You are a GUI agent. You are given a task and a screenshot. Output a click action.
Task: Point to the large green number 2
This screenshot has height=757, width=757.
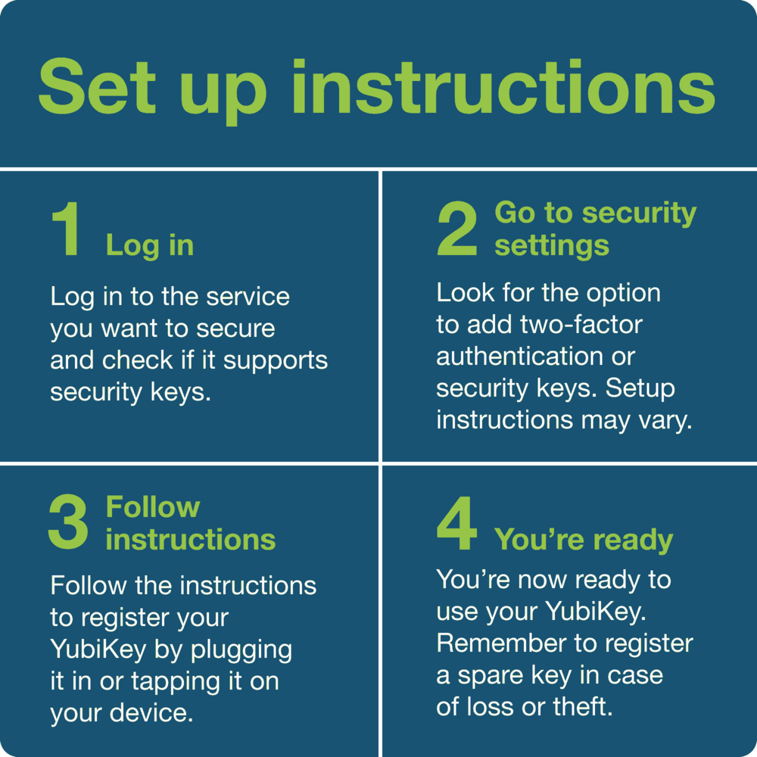[457, 230]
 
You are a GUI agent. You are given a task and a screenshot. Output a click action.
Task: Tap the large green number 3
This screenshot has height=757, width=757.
[68, 523]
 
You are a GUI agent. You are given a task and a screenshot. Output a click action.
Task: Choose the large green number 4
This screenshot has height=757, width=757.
[457, 523]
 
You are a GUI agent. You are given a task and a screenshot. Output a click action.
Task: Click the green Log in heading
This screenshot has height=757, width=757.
[150, 246]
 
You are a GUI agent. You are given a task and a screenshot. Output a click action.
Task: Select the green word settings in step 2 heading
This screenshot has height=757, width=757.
[552, 245]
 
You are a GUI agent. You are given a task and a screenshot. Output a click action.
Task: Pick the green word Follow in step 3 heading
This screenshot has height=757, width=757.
[153, 506]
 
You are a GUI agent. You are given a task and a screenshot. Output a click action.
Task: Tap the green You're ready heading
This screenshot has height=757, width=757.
[584, 540]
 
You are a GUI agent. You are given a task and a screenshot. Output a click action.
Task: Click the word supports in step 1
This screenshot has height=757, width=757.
[276, 360]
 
